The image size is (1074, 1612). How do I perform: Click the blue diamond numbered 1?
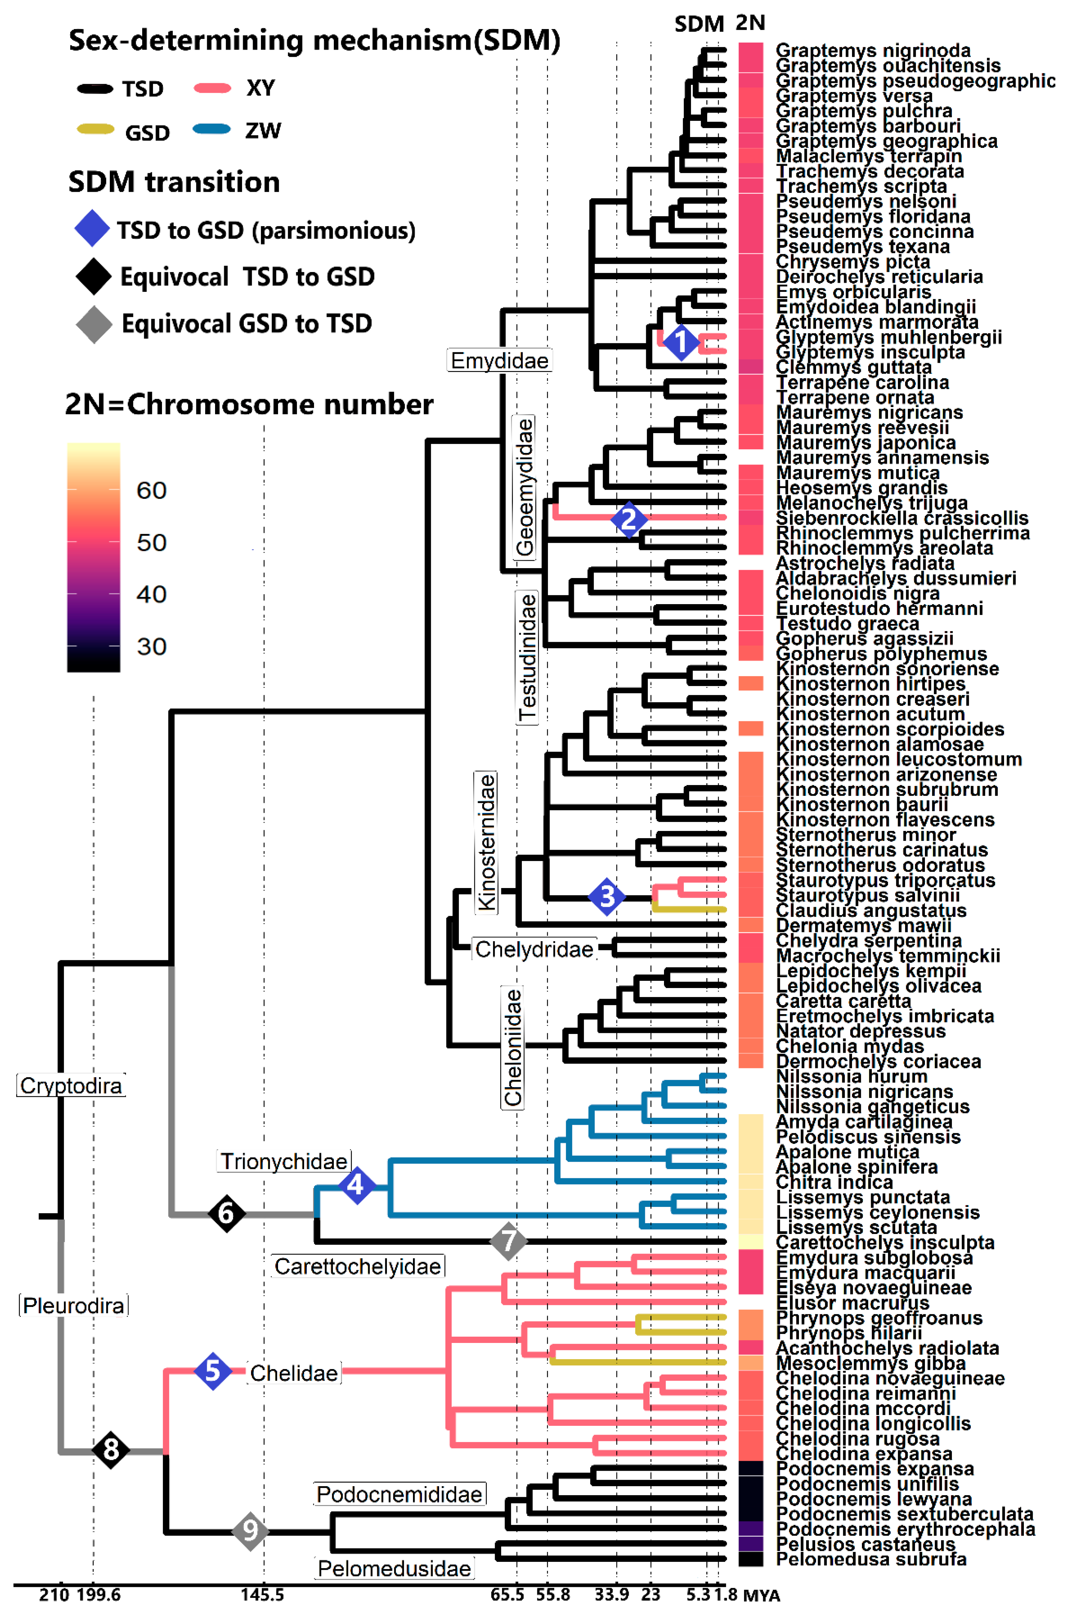click(680, 342)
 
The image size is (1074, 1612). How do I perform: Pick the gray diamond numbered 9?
click(250, 1530)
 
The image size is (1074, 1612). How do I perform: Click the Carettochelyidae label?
click(358, 1267)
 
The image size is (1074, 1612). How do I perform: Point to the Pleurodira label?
click(73, 1306)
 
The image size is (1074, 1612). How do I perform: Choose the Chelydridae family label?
click(534, 949)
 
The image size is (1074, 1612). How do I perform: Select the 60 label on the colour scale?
click(151, 491)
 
